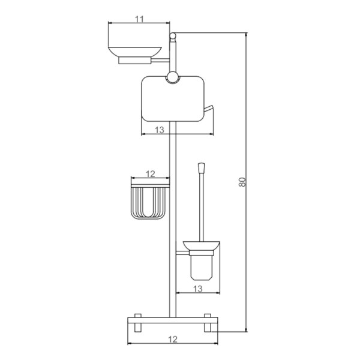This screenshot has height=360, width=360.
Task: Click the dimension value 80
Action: pyautogui.click(x=242, y=182)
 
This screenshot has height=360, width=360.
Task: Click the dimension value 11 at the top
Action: pyautogui.click(x=139, y=19)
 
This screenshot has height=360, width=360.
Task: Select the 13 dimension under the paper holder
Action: pyautogui.click(x=160, y=130)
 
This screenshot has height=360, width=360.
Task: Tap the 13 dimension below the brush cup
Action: pyautogui.click(x=197, y=289)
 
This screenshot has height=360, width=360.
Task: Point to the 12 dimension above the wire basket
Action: pyautogui.click(x=151, y=174)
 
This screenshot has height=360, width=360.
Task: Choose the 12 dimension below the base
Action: pyautogui.click(x=173, y=339)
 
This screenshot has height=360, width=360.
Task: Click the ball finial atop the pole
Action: pyautogui.click(x=173, y=35)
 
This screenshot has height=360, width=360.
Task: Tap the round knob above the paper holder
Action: pyautogui.click(x=172, y=77)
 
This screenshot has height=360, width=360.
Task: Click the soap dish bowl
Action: pyautogui.click(x=135, y=52)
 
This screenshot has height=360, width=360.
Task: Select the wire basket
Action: pyautogui.click(x=148, y=203)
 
